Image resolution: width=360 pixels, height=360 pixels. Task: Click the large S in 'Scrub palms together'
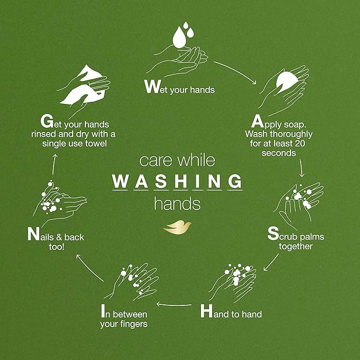tap(273, 233)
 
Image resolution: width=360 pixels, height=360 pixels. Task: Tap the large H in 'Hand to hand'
tap(206, 312)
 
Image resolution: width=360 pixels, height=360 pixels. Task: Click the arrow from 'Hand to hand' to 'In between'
tap(174, 304)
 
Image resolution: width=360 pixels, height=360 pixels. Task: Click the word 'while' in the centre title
tap(197, 161)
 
